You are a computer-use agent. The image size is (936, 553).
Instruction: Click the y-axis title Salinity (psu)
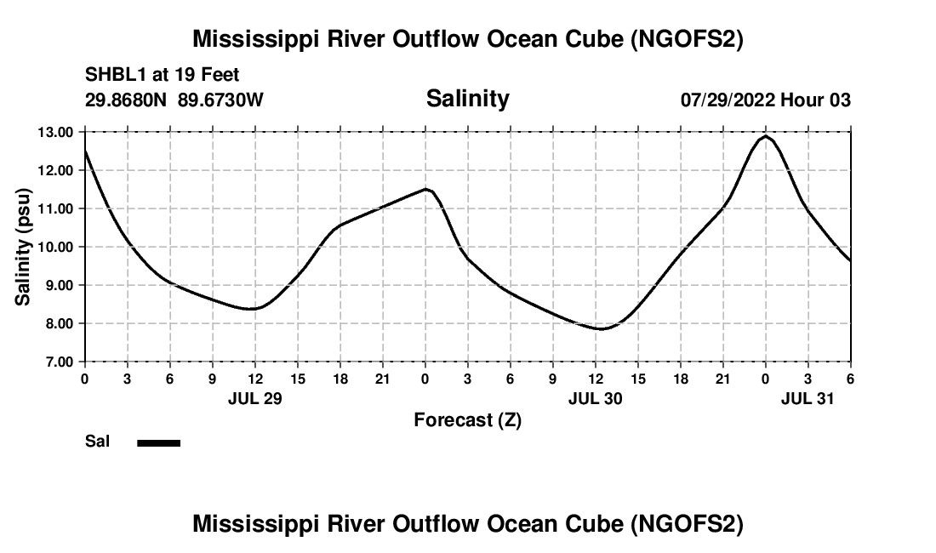tap(23, 247)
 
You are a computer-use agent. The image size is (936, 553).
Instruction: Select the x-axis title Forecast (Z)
tap(467, 419)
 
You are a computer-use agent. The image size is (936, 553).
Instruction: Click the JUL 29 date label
tap(254, 397)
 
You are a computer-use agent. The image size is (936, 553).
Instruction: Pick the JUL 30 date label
tap(595, 397)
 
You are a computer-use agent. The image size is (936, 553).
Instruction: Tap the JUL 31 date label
tap(808, 397)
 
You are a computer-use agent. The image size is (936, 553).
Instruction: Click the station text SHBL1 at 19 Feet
tap(163, 74)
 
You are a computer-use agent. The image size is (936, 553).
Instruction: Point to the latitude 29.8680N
tap(127, 100)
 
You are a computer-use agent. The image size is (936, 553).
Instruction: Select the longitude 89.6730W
tap(220, 100)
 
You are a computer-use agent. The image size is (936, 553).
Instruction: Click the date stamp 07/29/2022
tap(728, 100)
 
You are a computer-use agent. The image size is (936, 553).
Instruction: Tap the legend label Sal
tap(96, 442)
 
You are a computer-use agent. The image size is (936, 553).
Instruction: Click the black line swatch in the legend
tap(159, 442)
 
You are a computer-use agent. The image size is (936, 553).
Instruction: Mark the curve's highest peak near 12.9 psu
tap(765, 136)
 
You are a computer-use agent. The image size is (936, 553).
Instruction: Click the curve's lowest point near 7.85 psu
tap(602, 328)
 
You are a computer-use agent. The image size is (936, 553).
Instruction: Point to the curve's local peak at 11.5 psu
tap(426, 189)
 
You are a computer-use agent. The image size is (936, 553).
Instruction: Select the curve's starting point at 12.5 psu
tap(85, 151)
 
